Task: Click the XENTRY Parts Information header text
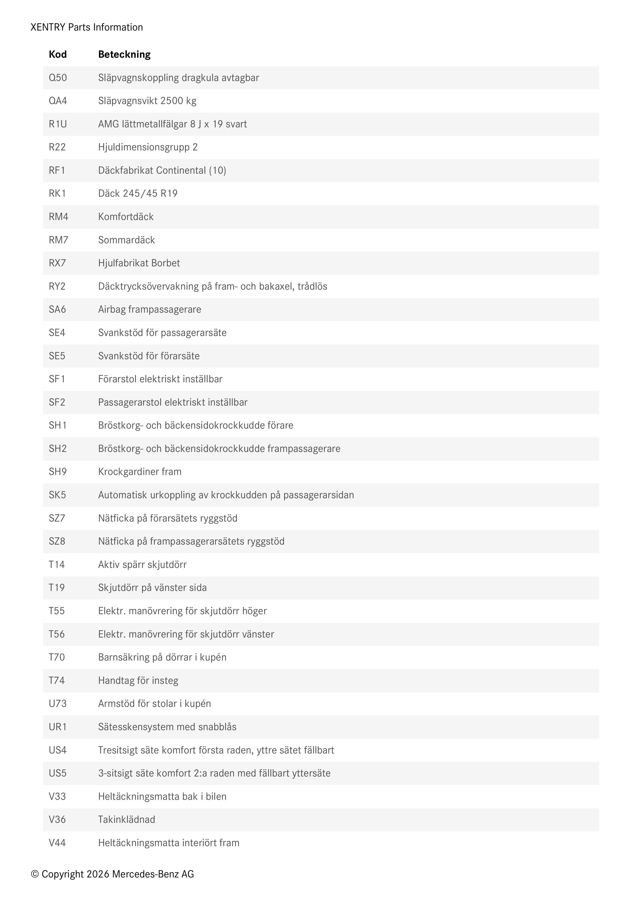(x=87, y=27)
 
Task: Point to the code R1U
(x=58, y=124)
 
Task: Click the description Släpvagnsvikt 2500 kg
(x=147, y=101)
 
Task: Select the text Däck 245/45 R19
(x=138, y=193)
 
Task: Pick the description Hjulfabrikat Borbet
(x=139, y=263)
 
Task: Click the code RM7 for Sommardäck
(x=58, y=240)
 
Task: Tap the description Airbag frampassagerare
(x=149, y=309)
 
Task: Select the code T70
(x=56, y=657)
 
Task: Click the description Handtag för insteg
(x=138, y=680)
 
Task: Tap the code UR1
(x=58, y=727)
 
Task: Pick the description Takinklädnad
(x=127, y=819)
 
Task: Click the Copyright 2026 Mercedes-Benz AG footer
(x=112, y=874)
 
